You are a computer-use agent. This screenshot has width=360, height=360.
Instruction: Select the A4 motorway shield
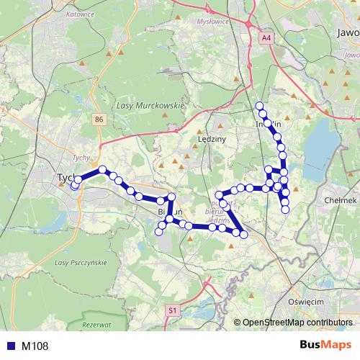point(267,37)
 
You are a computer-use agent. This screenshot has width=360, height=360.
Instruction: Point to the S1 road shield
point(172,310)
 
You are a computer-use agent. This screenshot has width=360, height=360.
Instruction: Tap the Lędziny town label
point(212,138)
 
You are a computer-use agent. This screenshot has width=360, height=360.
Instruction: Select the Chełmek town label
point(341,200)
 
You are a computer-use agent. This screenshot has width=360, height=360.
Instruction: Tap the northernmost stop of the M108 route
point(260,107)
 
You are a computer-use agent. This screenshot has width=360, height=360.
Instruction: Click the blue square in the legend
point(10,346)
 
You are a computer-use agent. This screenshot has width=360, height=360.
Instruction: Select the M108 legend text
point(35,346)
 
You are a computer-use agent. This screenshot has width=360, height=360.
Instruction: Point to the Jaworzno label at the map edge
point(347,33)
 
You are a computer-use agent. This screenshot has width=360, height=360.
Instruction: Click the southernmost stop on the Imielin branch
point(285,210)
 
